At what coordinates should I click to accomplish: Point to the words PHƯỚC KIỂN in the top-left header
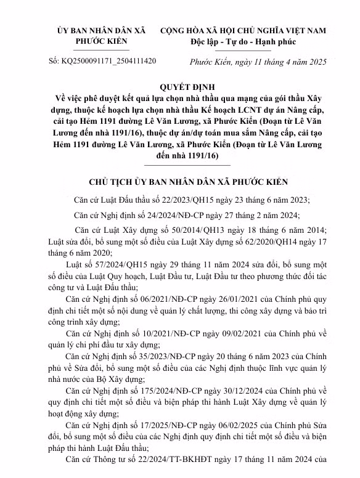101,41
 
